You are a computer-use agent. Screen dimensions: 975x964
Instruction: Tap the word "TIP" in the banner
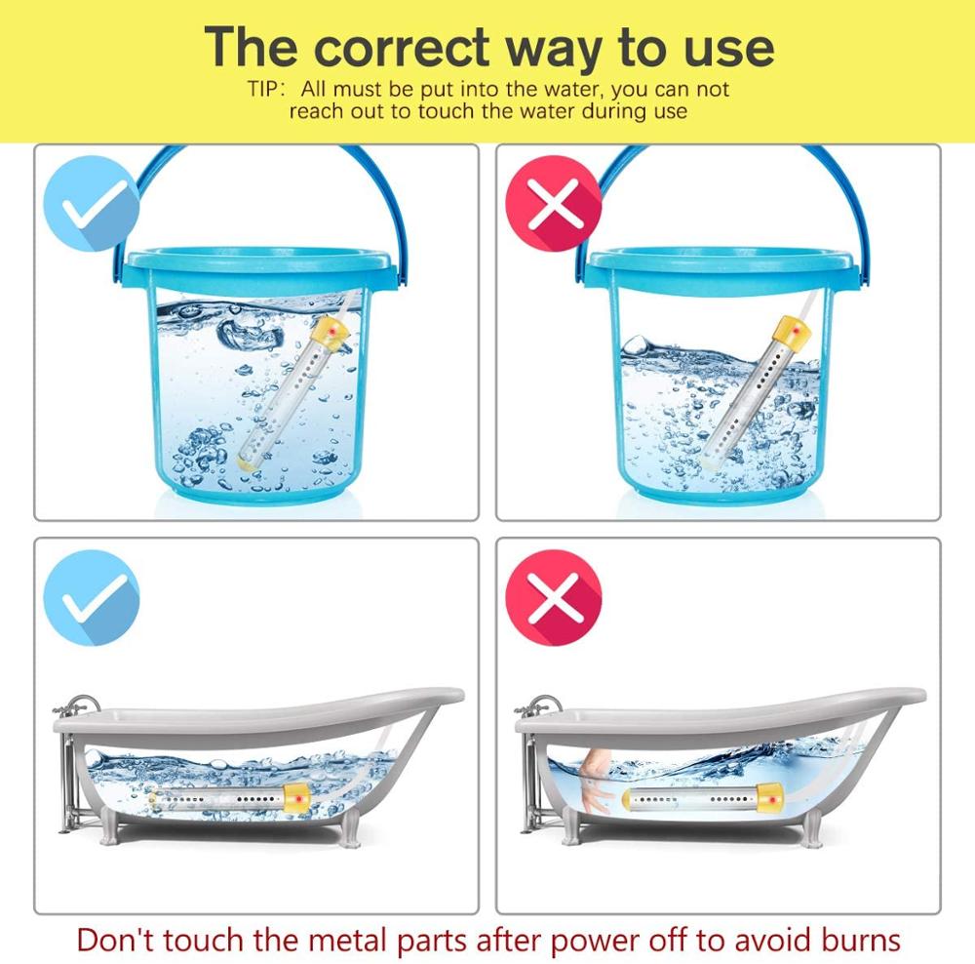coord(264,89)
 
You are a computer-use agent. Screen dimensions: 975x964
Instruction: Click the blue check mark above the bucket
coord(92,204)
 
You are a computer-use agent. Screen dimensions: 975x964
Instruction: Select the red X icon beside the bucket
coord(554,204)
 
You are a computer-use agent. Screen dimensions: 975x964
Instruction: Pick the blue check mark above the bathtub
coord(92,598)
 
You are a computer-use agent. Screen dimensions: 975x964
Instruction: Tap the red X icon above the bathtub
coord(554,598)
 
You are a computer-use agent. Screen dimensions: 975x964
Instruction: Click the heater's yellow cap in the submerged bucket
coord(333,331)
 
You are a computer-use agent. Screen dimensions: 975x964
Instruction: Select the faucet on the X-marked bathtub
coord(538,706)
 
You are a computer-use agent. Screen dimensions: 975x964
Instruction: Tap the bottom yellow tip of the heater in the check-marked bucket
coord(246,462)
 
